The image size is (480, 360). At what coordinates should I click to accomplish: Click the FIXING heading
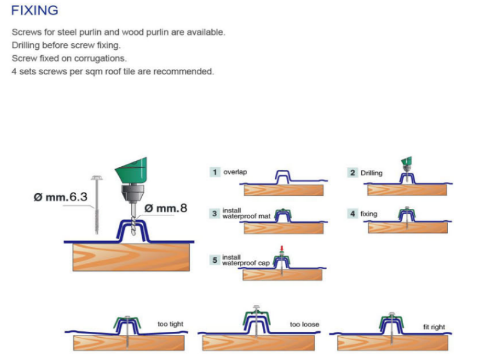[x=34, y=10]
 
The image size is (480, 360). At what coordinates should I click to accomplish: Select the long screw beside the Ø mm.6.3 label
[x=97, y=204]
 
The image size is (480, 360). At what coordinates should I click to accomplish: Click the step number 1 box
[x=214, y=172]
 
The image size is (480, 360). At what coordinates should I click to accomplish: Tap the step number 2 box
[x=353, y=172]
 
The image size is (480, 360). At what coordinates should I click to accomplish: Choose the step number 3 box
[x=214, y=213]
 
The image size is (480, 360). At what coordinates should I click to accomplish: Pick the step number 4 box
[x=353, y=213]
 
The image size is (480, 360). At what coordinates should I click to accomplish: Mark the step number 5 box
[x=214, y=260]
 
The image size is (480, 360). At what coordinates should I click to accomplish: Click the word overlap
[x=235, y=172]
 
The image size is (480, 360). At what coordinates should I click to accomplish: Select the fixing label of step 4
[x=368, y=214]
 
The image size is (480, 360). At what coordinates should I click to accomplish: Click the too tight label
[x=170, y=324]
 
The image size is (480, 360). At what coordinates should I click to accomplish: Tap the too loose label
[x=304, y=325]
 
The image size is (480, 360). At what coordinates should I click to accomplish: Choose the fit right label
[x=434, y=327]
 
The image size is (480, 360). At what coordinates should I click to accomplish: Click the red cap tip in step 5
[x=281, y=248]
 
